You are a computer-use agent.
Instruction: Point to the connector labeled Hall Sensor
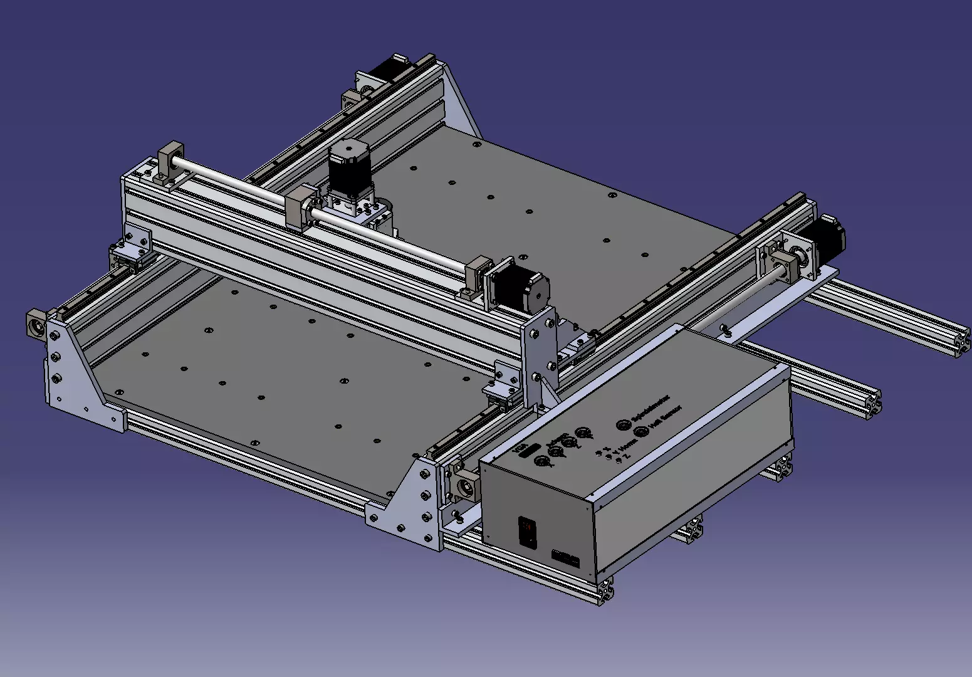tap(640, 432)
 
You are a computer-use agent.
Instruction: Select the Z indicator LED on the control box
tap(618, 461)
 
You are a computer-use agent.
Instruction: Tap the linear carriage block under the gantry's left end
tap(128, 256)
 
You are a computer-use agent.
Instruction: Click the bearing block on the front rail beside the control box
tap(464, 486)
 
